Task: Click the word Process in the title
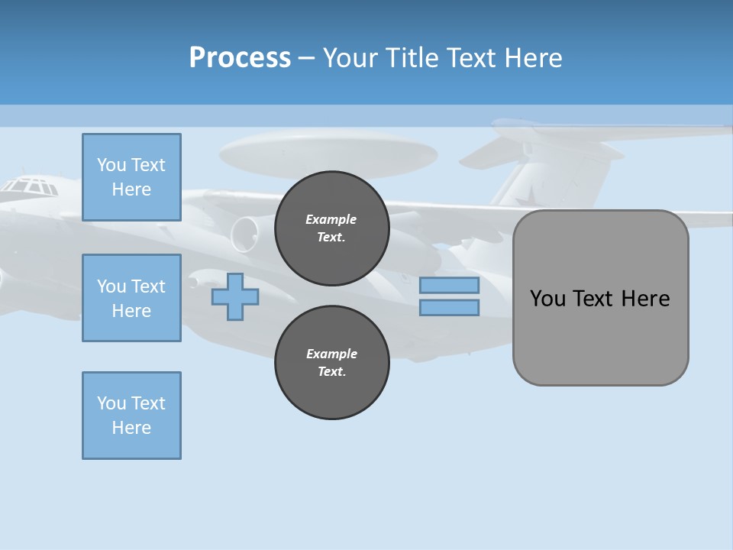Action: [240, 57]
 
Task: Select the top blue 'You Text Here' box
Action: [131, 177]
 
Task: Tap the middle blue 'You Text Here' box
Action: [131, 298]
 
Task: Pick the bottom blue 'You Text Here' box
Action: [131, 416]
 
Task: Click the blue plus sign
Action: [234, 296]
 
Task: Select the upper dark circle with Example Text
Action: [331, 228]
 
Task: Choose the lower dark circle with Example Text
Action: [331, 363]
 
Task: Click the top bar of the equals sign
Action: [449, 286]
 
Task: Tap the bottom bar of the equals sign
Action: [449, 307]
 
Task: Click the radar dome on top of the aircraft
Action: [328, 151]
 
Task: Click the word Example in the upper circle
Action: [331, 219]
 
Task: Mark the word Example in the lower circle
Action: [331, 354]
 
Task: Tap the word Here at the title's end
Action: [534, 57]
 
